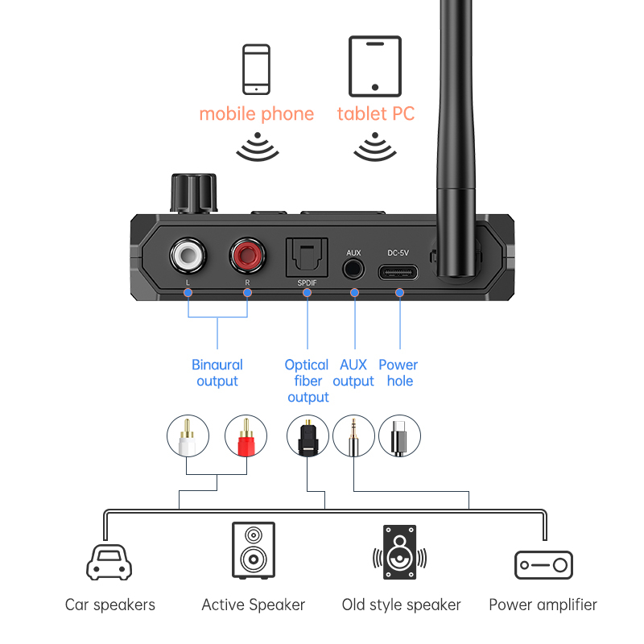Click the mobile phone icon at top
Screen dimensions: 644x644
[256, 70]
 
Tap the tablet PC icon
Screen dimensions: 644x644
[375, 67]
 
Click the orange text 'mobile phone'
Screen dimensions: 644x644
[256, 114]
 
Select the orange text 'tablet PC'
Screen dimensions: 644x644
[376, 114]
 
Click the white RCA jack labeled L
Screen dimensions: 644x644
[188, 257]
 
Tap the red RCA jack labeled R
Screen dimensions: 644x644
[247, 257]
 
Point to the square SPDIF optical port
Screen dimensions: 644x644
[307, 259]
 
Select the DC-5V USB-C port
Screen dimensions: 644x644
[398, 271]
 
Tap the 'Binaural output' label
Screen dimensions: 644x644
[217, 373]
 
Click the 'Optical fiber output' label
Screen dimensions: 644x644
[308, 381]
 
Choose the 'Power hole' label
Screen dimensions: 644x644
[398, 373]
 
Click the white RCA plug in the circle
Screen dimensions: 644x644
[188, 436]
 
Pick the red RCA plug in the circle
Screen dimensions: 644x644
[246, 436]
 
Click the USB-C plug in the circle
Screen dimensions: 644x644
[399, 436]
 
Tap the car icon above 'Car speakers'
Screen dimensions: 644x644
[109, 562]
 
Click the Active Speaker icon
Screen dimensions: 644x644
[253, 550]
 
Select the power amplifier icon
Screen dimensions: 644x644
[543, 565]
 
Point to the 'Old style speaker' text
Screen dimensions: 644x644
[401, 605]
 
